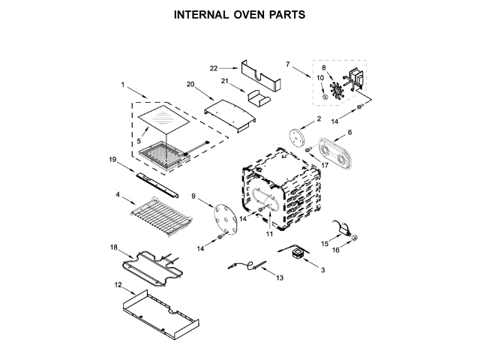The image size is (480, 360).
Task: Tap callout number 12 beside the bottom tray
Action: point(117,285)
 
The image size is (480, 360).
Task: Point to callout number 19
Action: point(112,160)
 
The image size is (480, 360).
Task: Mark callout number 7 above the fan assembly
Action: point(287,64)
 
